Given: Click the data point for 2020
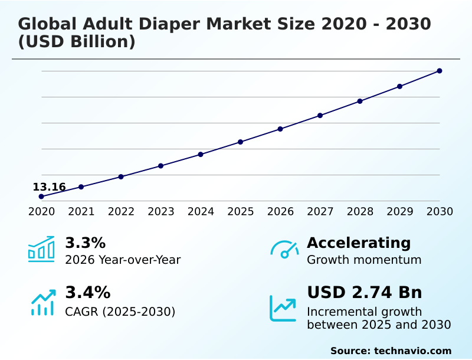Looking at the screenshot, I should [41, 197].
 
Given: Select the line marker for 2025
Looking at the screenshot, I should [240, 142].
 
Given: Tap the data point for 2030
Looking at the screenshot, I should [440, 71].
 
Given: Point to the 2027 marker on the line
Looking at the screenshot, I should [320, 115].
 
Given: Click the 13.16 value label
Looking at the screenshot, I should [49, 187].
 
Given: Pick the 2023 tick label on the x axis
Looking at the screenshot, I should [160, 211].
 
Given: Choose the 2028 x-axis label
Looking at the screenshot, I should [360, 211].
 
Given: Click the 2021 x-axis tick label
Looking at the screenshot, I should [81, 211].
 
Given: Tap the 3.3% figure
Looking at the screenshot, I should [85, 243].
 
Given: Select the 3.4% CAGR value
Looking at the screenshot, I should [87, 292].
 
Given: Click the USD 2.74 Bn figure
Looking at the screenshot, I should [364, 292].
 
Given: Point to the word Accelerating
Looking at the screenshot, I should [359, 243].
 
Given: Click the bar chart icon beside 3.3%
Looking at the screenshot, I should [41, 249].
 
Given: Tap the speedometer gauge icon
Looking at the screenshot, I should [284, 249].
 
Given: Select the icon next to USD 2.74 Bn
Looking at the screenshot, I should [283, 307].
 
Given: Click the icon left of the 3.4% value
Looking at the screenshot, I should [42, 302].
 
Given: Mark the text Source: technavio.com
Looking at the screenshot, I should [391, 351].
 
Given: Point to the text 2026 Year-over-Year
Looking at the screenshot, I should [123, 260].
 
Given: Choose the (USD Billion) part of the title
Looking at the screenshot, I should [77, 42].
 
